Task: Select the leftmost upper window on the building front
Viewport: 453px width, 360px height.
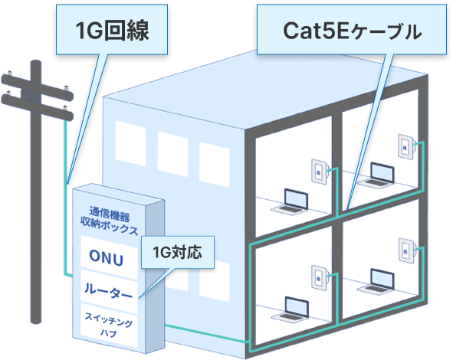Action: coord(130,141)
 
